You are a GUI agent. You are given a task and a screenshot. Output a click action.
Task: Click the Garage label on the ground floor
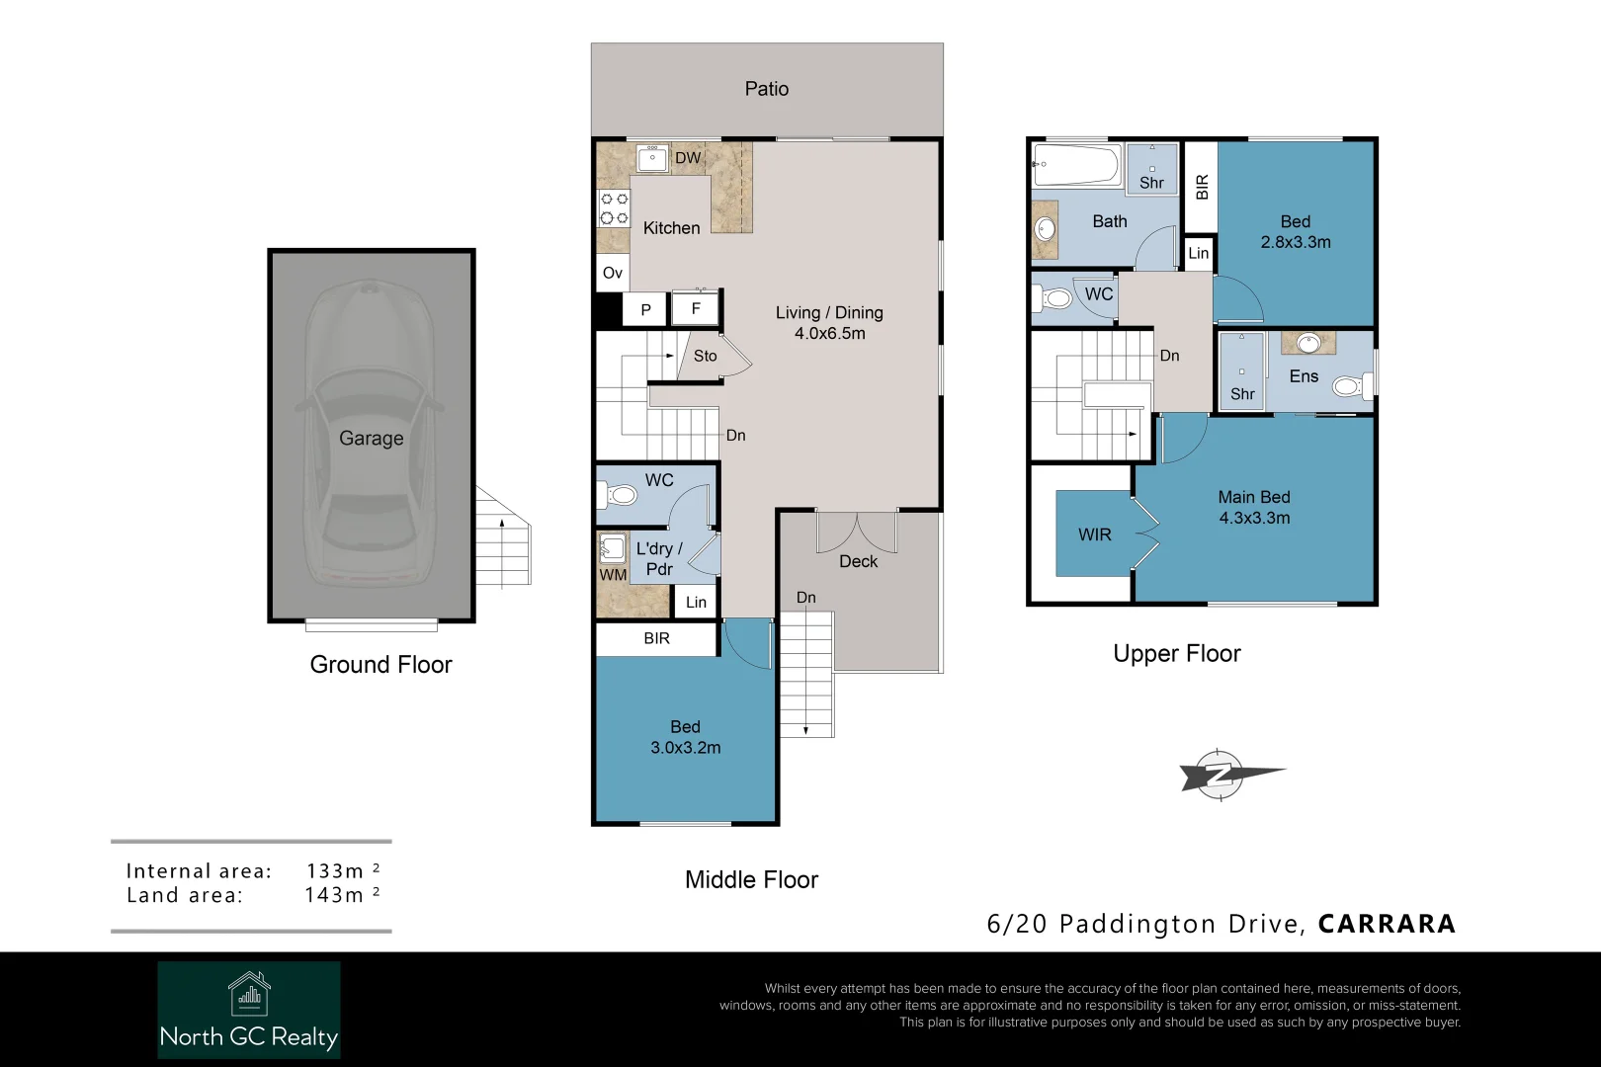coord(371,438)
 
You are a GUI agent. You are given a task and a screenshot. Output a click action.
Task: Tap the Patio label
coord(766,89)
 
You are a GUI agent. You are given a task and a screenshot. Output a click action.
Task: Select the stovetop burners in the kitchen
coord(615,208)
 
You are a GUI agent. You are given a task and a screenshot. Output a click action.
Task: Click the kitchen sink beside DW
coord(652,158)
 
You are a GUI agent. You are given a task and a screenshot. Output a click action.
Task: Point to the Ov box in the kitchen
coord(613,273)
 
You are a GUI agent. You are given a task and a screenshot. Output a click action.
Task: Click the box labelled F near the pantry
coord(696,308)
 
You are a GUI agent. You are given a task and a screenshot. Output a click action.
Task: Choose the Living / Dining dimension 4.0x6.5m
coord(829,334)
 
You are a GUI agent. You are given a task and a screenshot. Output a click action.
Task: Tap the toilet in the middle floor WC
coord(620,494)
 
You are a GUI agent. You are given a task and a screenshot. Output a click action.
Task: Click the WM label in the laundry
coord(613,575)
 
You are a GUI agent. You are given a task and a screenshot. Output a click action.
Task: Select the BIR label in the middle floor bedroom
coord(656,638)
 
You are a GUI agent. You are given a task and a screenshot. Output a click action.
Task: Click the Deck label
coord(858,561)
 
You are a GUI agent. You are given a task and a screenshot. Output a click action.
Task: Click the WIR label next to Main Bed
coord(1094,534)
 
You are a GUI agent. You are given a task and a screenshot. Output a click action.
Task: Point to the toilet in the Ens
coord(1350,385)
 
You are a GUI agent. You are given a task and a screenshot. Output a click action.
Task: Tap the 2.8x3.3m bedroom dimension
coord(1295,242)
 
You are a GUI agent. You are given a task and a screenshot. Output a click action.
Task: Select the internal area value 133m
coord(335,870)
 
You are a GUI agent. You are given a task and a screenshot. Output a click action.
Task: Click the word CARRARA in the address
coord(1387,924)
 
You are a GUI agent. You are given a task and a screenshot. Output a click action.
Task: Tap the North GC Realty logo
coord(249,1010)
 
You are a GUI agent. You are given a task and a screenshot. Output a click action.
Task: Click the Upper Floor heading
coord(1176,654)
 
